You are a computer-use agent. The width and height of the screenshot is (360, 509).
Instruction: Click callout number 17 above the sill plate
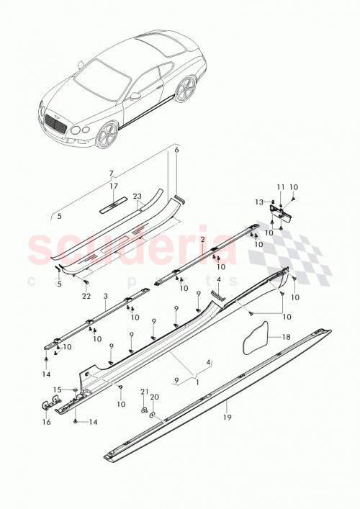tap(114, 186)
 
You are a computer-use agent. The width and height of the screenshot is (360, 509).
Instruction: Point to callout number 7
tap(112, 174)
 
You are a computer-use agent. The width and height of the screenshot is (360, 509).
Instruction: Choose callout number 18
tap(285, 336)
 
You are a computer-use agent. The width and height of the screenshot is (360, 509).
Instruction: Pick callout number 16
tap(45, 423)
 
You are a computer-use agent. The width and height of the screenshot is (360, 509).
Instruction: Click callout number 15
tap(58, 389)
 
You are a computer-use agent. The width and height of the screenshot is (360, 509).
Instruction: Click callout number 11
tap(280, 187)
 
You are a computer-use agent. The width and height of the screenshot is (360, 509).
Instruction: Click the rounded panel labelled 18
tap(256, 338)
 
